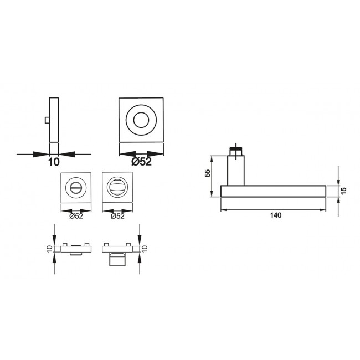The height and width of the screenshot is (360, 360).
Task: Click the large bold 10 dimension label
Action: (x=54, y=163)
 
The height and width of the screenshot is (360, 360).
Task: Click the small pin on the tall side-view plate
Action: (x=47, y=121)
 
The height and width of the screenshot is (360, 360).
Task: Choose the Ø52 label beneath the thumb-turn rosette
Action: (x=76, y=216)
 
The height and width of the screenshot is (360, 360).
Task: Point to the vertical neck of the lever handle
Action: (x=235, y=171)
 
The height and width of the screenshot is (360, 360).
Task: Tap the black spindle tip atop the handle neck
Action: (x=235, y=149)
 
